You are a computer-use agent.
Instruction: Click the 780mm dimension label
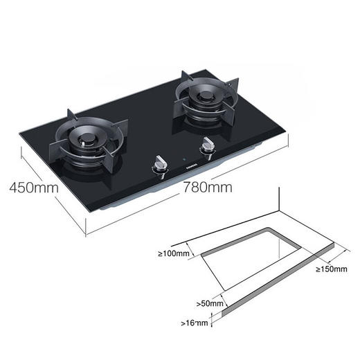(x=207, y=187)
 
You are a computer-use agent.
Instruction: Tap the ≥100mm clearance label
(x=173, y=254)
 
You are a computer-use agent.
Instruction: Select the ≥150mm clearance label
(x=332, y=269)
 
